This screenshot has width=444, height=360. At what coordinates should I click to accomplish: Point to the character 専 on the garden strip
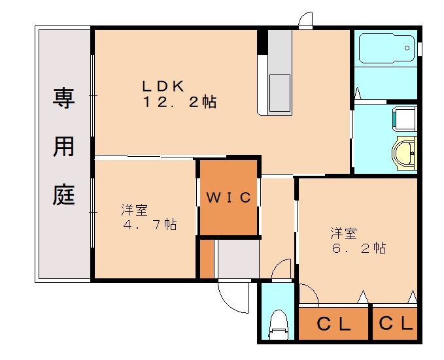63,100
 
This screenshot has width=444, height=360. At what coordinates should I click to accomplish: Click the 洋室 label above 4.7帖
134,210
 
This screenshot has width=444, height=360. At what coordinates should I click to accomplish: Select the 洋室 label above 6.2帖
343,233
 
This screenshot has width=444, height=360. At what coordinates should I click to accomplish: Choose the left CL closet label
333,324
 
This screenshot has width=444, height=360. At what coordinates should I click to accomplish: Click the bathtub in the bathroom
385,48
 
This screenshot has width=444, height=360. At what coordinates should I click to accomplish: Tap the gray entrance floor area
238,259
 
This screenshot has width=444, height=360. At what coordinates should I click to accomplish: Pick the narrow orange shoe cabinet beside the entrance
207,259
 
